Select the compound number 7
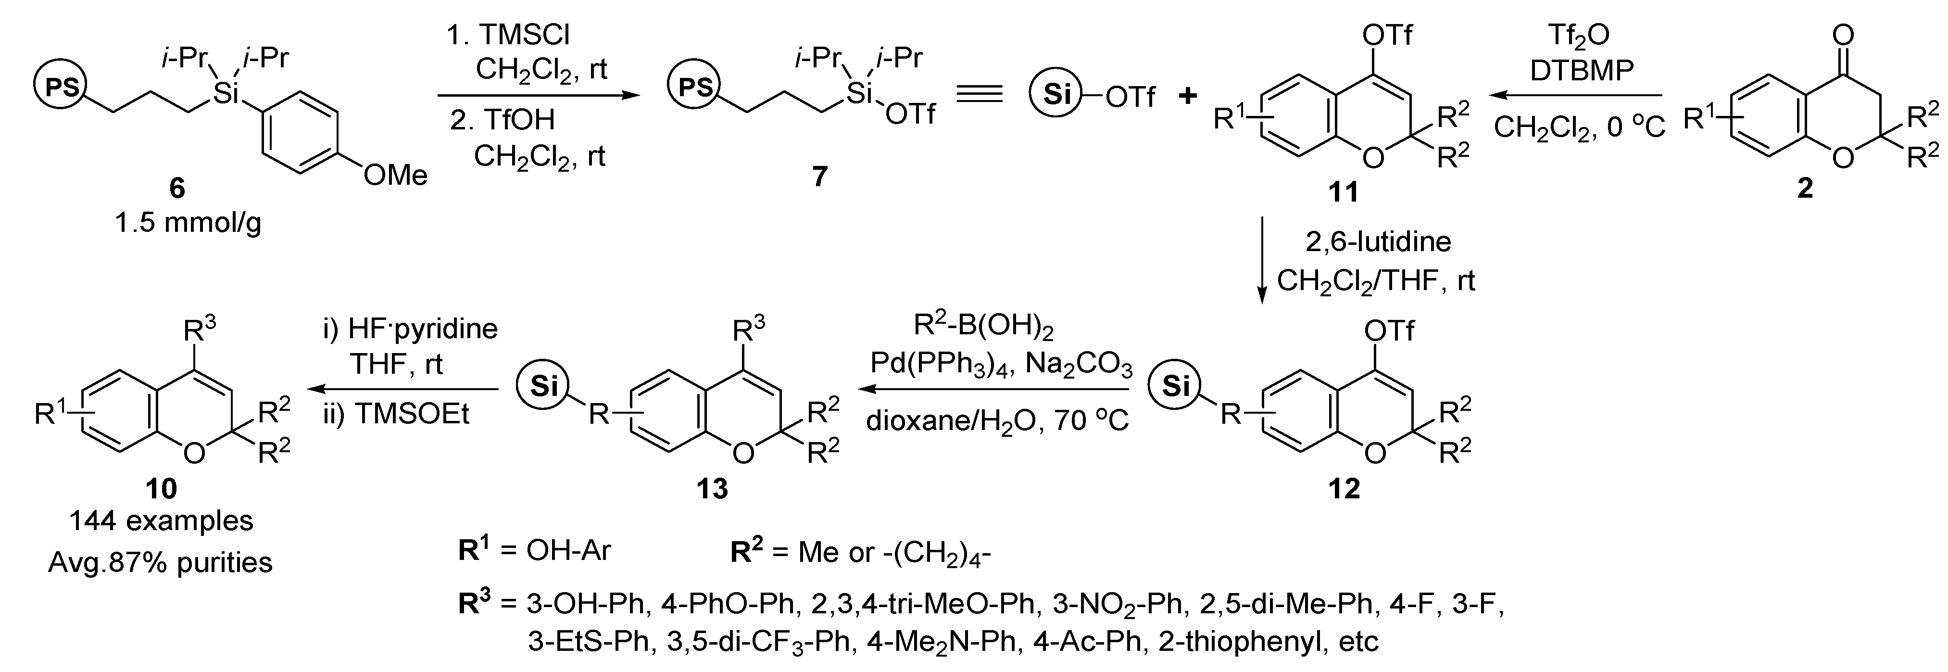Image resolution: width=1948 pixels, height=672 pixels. coord(820,177)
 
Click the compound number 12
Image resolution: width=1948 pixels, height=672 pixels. coord(1344,489)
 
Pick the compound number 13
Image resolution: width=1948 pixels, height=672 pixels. coord(712,489)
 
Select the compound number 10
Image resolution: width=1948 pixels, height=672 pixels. coord(161,489)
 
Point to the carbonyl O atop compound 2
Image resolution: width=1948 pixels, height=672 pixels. coord(1845,34)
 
